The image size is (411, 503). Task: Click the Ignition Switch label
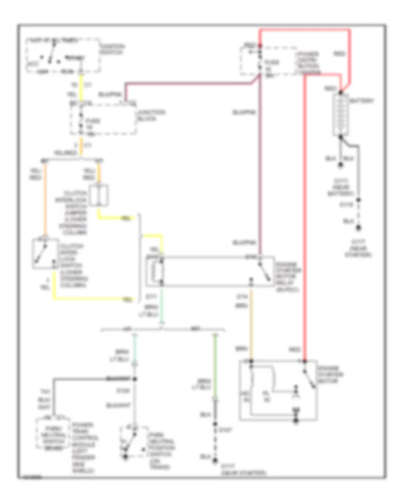(114, 49)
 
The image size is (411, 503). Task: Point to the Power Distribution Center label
(306, 64)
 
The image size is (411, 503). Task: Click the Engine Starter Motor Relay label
(288, 273)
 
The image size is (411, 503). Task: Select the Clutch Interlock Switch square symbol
(44, 253)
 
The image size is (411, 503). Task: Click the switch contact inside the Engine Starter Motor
(309, 378)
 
